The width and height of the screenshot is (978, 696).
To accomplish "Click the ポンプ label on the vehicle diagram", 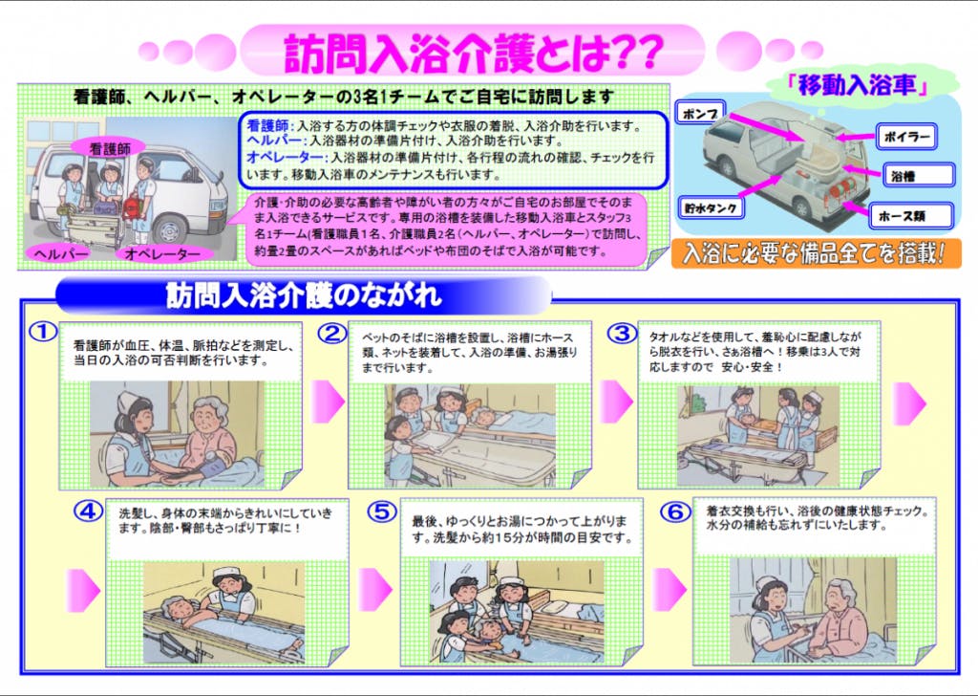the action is coord(701,114).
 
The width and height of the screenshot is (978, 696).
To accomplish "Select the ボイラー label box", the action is coord(907,137).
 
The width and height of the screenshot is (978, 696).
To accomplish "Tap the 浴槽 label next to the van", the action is coord(919,176).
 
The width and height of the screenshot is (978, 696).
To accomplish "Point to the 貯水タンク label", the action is coord(711,207).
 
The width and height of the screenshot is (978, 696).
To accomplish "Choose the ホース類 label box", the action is coord(911,216).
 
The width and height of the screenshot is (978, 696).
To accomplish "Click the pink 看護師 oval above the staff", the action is coord(109,148).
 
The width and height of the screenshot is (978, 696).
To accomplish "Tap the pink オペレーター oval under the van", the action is coord(163,253).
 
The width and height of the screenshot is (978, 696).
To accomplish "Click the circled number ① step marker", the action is coord(44,332).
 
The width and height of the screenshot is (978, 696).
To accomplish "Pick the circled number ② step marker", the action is coord(332,334).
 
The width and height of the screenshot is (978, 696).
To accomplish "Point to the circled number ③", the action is coord(622,334).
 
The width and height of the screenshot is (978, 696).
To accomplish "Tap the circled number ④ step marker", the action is coord(88,511).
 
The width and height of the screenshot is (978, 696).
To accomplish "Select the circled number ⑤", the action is coord(382,511).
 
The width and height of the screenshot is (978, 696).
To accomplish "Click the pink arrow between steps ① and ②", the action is coord(327,402).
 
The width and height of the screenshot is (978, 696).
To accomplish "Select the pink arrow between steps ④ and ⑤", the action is coord(374,590).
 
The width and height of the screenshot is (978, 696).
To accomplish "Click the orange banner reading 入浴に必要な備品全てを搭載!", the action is coord(816,254).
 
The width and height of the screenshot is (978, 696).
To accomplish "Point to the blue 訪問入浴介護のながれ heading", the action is coord(304,295).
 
